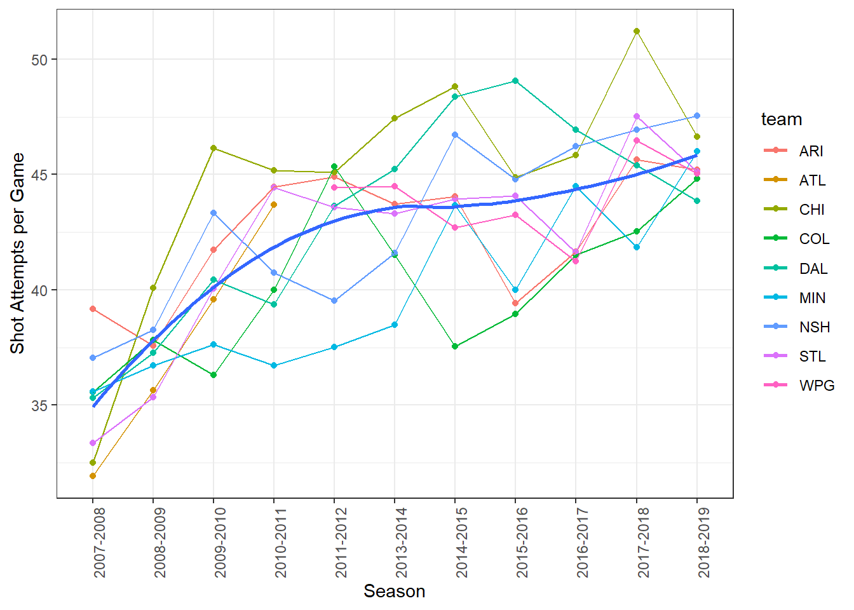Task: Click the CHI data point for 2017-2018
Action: pos(637,31)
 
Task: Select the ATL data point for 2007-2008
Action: pos(93,476)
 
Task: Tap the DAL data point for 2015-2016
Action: pos(515,81)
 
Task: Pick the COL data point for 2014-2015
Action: pos(455,346)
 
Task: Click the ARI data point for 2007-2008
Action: pos(93,309)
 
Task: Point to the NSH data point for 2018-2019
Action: pos(697,116)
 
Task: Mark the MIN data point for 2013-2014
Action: pos(395,325)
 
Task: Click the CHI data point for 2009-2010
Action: pos(213,148)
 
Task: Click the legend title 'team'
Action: pos(782,119)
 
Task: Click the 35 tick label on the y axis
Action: pos(39,405)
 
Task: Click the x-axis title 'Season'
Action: pos(394,591)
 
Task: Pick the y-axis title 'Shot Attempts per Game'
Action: pos(17,253)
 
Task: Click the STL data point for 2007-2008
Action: pos(93,443)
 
